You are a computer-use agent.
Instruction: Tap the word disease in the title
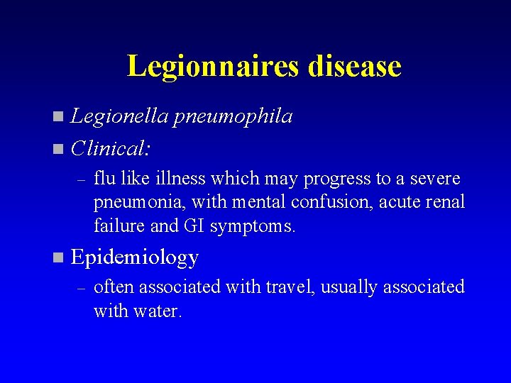355,66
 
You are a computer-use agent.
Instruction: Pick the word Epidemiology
135,257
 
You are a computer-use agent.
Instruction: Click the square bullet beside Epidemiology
57,257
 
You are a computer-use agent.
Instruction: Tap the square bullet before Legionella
57,116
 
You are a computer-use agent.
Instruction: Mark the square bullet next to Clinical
57,149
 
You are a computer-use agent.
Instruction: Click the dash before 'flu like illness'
82,180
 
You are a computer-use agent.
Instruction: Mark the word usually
347,288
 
